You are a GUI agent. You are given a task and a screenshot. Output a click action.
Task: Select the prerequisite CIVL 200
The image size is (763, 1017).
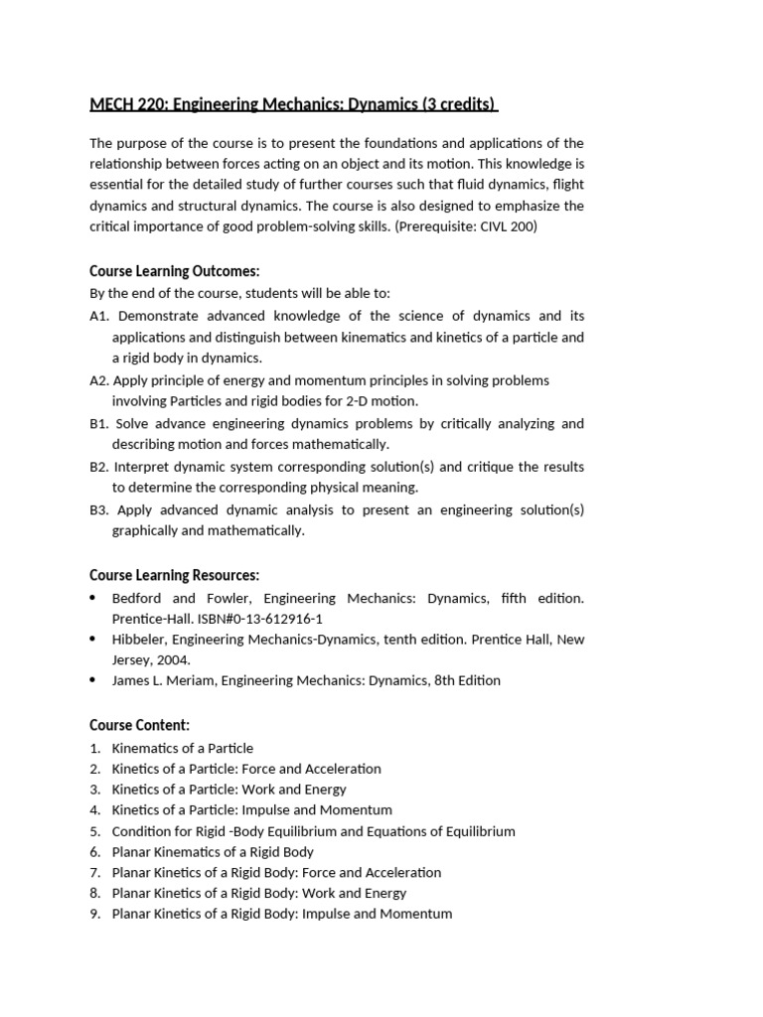click(508, 227)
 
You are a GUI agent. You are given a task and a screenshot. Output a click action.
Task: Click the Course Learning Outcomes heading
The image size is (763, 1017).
click(175, 271)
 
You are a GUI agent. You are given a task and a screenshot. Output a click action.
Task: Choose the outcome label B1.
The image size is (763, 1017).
click(98, 424)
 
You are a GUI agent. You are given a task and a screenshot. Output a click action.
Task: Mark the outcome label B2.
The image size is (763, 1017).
click(98, 467)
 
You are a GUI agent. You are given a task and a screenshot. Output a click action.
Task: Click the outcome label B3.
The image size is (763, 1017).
click(98, 510)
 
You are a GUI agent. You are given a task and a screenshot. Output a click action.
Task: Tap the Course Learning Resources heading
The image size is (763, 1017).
click(175, 575)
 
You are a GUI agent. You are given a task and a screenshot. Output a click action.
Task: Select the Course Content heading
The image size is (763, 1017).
click(139, 725)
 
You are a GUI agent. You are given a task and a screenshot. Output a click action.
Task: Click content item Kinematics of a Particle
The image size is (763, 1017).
click(183, 748)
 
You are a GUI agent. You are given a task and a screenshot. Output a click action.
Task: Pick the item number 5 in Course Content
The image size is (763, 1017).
click(95, 831)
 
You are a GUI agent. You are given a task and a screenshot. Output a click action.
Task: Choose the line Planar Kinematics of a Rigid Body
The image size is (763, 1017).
click(213, 852)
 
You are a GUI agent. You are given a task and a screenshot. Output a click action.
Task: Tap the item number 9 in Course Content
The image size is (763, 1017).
click(95, 914)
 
